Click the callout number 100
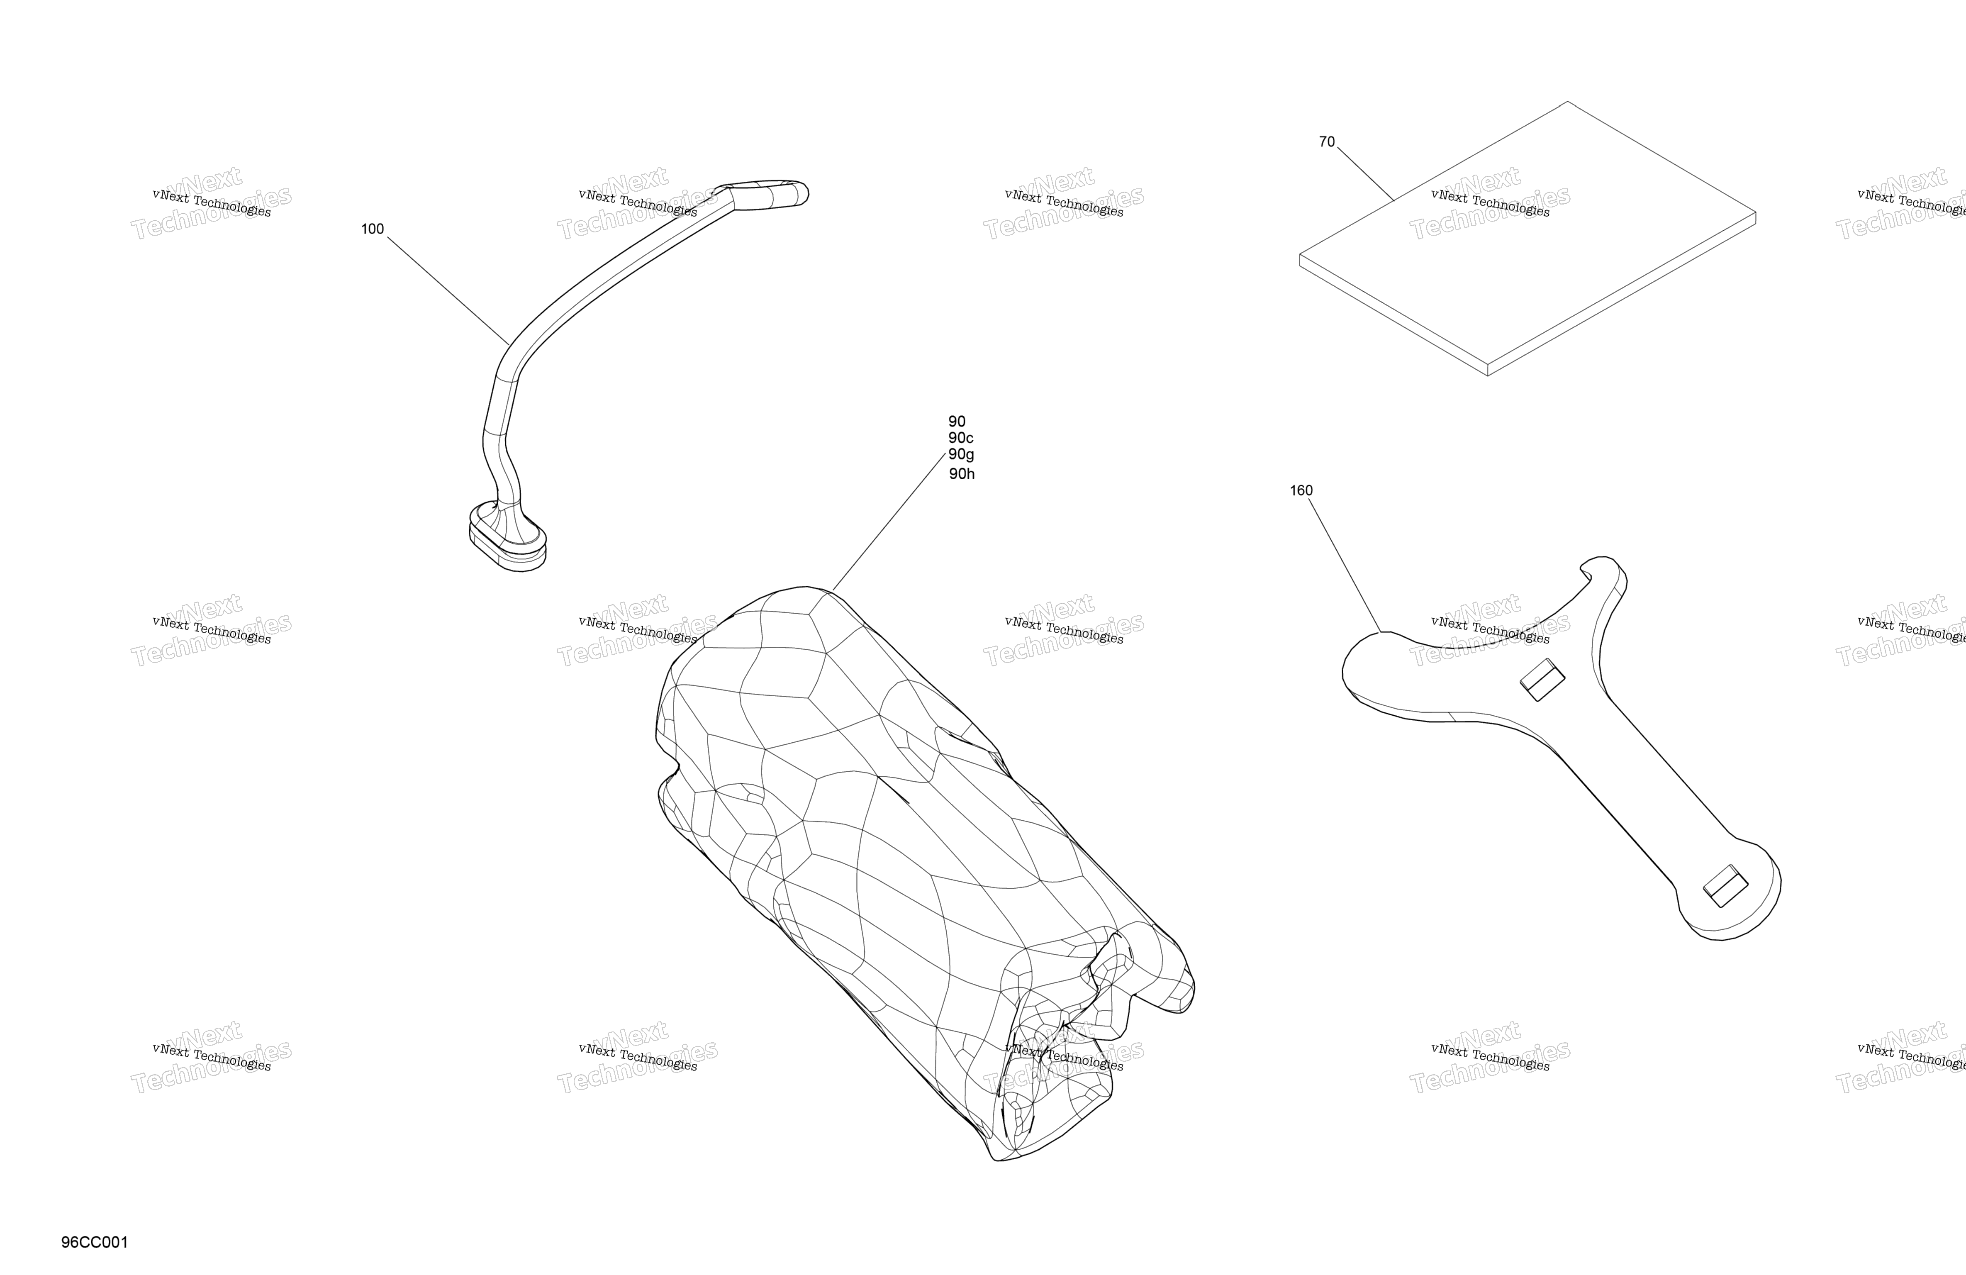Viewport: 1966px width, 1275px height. coord(373,229)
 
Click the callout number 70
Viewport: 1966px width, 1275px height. coord(1327,142)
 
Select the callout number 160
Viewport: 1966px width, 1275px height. coord(1301,491)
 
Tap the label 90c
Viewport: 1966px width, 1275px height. coord(961,438)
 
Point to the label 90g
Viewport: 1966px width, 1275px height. coord(961,454)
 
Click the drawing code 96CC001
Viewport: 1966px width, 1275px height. coord(94,1243)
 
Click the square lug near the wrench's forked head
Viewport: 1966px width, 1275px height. coord(1542,679)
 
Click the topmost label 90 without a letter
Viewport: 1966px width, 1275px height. coord(957,422)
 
